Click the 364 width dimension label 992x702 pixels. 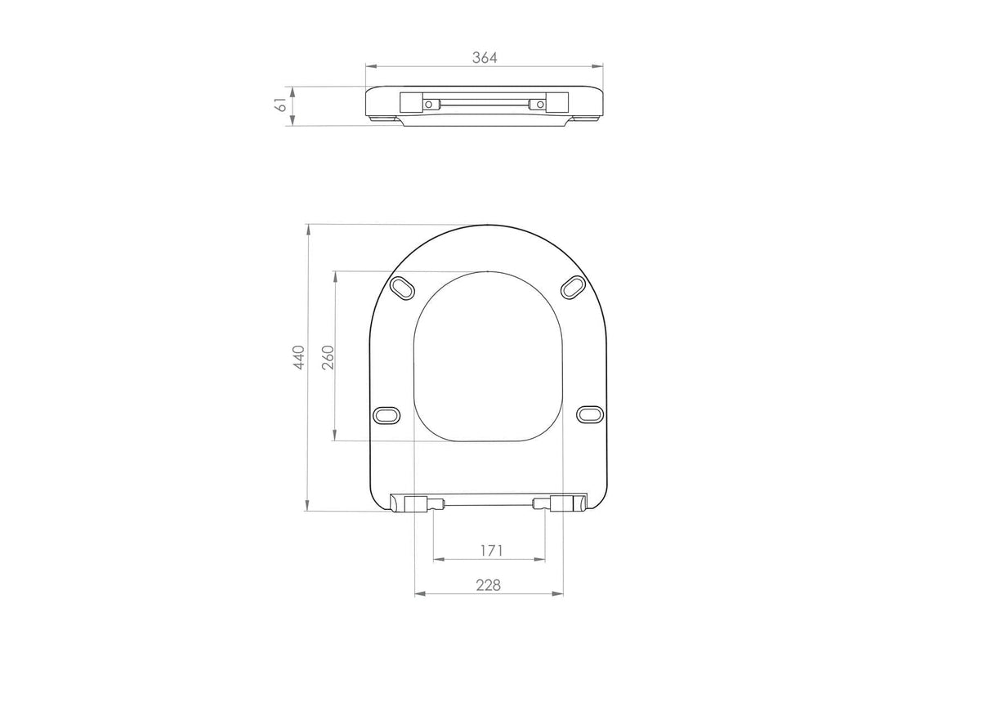(x=485, y=57)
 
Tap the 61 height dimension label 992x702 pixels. (x=282, y=105)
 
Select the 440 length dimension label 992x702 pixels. (x=299, y=357)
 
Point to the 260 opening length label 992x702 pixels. (x=328, y=357)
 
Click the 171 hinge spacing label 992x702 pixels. (x=492, y=551)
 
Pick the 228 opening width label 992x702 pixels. (x=489, y=585)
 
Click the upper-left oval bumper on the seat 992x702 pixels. (x=403, y=288)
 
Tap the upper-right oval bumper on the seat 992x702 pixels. (x=574, y=288)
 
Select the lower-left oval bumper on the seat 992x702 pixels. (x=387, y=414)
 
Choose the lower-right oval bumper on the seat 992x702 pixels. (x=590, y=414)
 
